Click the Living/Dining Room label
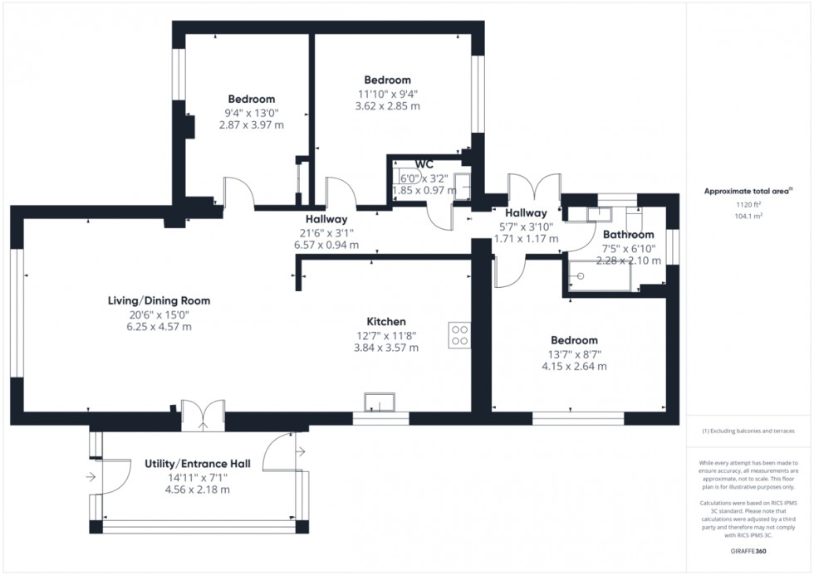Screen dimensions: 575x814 [159, 300]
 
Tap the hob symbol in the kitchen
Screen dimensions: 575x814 [460, 335]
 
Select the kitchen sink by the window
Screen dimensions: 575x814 [380, 403]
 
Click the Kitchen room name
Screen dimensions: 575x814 [386, 321]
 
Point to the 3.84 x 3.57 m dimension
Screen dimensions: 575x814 [386, 348]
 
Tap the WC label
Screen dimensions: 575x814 [424, 164]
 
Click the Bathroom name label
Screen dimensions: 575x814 [628, 235]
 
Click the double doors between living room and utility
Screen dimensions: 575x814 [203, 415]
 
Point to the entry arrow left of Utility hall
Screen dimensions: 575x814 [90, 477]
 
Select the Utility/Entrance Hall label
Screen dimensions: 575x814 [197, 463]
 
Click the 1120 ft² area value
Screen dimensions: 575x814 [745, 204]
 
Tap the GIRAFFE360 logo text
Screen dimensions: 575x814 [745, 549]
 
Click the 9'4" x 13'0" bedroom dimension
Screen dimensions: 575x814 [252, 113]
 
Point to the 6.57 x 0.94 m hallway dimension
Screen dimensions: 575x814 [326, 245]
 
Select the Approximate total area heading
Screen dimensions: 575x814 [743, 191]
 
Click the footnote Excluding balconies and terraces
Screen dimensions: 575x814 [748, 431]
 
